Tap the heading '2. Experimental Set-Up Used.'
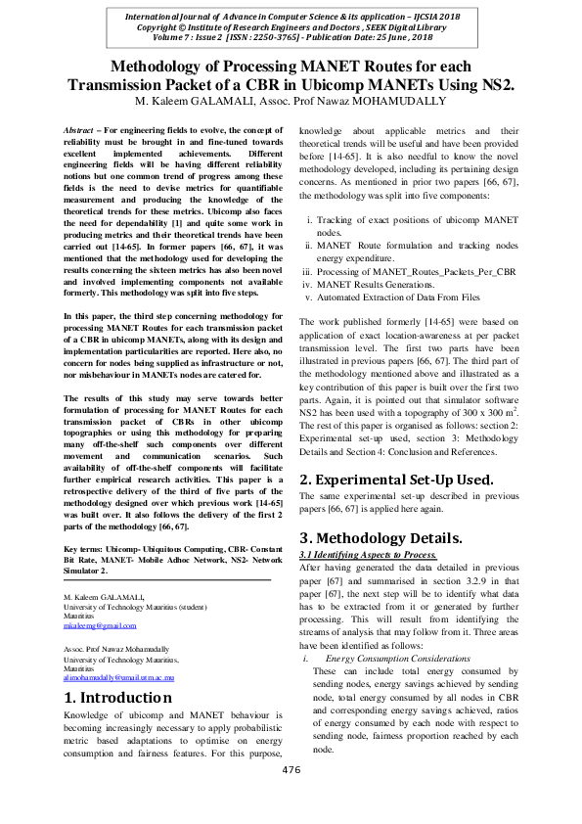coord(396,480)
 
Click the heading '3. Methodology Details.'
coord(381,538)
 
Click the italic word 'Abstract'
coord(78,130)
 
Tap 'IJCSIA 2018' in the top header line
coord(437,18)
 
